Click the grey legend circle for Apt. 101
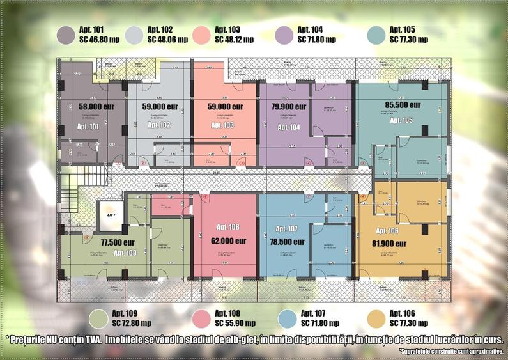click(x=66, y=35)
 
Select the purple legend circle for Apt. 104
click(x=284, y=35)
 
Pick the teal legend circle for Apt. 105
click(x=377, y=35)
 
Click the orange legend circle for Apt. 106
click(x=378, y=318)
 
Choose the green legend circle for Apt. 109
click(x=98, y=318)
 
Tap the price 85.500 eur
click(x=403, y=105)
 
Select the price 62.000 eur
click(x=228, y=241)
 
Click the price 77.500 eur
click(x=118, y=242)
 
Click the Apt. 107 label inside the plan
click(x=284, y=229)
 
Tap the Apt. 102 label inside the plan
click(x=157, y=125)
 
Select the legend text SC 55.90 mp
click(x=233, y=323)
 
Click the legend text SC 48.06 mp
click(x=167, y=39)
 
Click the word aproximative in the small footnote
click(x=482, y=352)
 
